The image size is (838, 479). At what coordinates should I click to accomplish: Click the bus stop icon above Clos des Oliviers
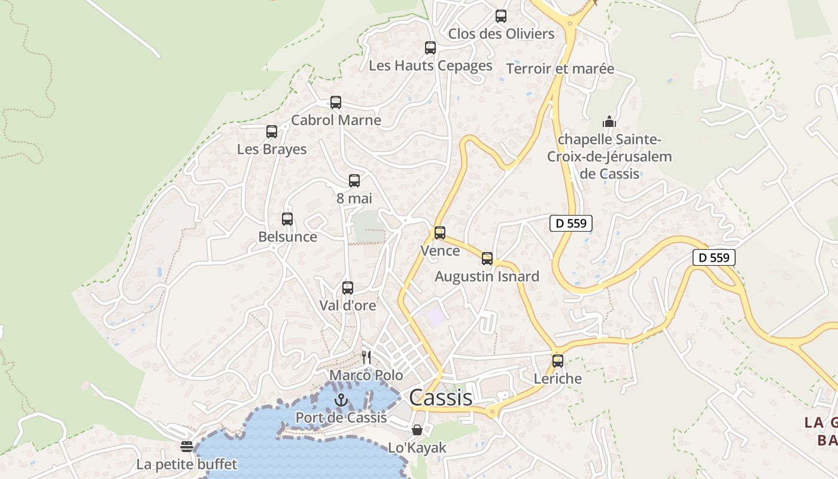click(x=501, y=16)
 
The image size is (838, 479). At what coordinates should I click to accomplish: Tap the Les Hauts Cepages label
click(x=430, y=65)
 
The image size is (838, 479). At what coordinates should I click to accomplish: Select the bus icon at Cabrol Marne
click(x=336, y=102)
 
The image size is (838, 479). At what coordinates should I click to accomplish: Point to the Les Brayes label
click(x=272, y=149)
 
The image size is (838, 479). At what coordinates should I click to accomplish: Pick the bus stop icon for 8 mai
click(x=354, y=180)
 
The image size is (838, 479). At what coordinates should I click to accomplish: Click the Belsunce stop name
click(x=287, y=237)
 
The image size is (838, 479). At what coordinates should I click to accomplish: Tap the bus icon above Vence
click(x=440, y=233)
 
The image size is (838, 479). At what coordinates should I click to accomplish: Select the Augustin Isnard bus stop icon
click(x=487, y=259)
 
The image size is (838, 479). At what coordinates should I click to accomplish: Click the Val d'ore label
click(x=348, y=305)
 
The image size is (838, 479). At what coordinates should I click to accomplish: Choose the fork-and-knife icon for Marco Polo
click(x=366, y=357)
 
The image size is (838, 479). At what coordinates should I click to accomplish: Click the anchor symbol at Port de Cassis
click(x=341, y=400)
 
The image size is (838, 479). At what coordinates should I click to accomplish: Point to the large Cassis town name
click(x=441, y=398)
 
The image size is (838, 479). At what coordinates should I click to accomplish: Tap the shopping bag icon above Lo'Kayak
click(x=417, y=430)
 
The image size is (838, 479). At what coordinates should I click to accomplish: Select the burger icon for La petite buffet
click(x=187, y=446)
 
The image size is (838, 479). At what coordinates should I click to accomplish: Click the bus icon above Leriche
click(x=558, y=361)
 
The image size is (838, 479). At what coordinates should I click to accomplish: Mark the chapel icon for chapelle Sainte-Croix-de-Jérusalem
click(x=609, y=122)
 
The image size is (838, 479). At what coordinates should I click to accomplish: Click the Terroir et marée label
click(x=560, y=69)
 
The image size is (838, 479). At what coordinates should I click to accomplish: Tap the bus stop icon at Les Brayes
click(x=272, y=132)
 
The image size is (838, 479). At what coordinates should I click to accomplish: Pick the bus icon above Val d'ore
click(x=348, y=288)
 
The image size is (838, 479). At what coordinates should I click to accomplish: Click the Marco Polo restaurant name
click(x=366, y=375)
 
